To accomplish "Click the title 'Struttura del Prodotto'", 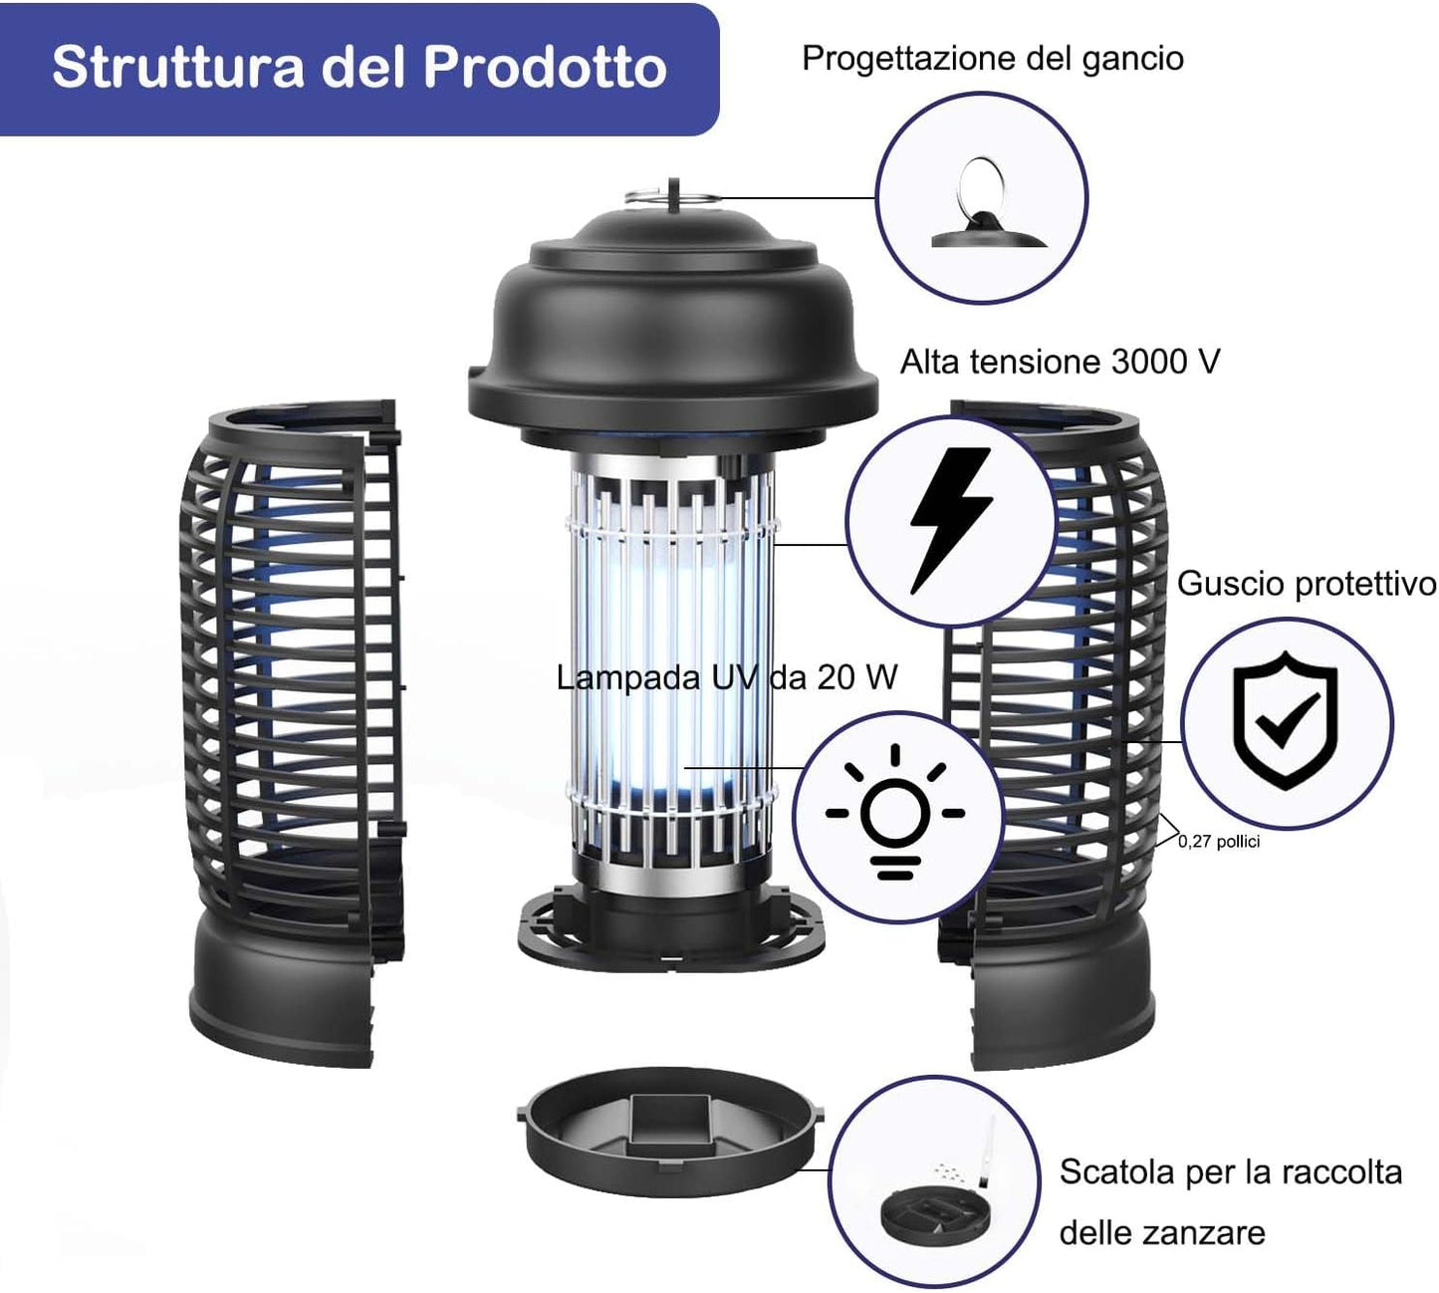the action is point(359,68).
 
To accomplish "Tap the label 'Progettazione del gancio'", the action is point(992,58).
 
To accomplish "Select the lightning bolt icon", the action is point(951,520).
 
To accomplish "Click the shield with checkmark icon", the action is point(1286,722).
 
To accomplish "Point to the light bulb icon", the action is point(895,812).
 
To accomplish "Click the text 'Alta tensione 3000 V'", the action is point(1060,362).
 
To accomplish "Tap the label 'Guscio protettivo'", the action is point(1307,584).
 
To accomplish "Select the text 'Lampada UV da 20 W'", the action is point(727,677).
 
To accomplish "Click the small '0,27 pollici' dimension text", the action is point(1219,841).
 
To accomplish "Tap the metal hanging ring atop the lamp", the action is point(672,196).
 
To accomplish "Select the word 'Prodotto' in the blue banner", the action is point(546,68).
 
